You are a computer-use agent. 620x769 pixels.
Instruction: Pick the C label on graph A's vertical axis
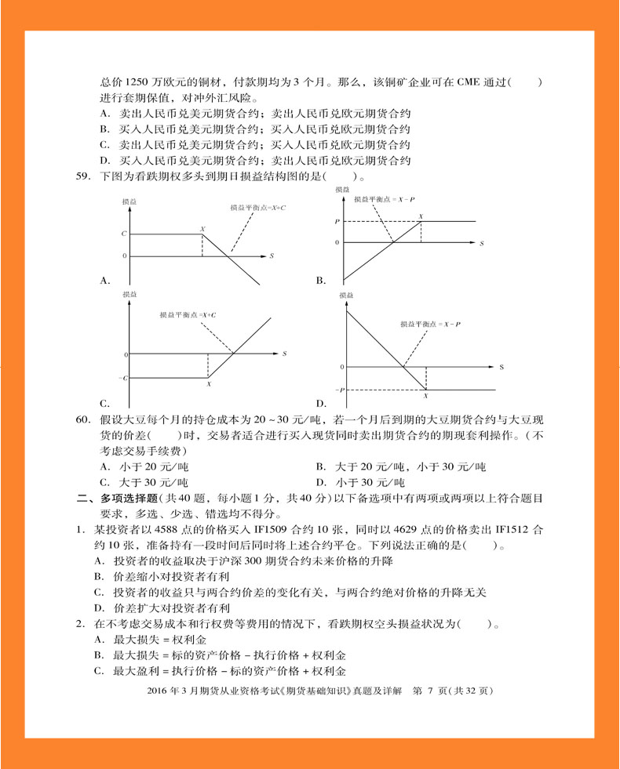click(123, 234)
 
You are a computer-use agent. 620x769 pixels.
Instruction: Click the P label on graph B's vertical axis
click(337, 222)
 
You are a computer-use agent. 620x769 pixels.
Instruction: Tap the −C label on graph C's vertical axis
click(122, 379)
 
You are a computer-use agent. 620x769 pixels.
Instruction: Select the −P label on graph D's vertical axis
click(340, 390)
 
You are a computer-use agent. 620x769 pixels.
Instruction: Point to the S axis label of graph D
click(500, 366)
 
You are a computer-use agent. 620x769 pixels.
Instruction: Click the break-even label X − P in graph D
click(430, 324)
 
